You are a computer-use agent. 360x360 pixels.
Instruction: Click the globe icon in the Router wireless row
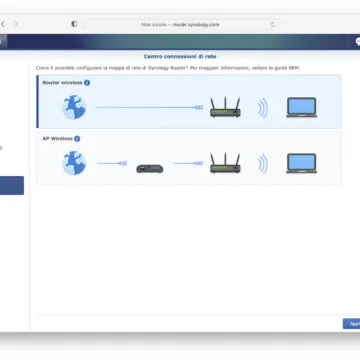75,107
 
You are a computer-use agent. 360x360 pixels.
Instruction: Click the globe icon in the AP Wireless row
75,162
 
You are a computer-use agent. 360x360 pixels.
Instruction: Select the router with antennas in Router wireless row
225,106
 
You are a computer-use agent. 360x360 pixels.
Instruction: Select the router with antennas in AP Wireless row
225,161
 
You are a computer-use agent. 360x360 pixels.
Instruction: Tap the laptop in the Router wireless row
301,107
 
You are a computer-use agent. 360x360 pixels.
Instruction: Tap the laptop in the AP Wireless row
301,162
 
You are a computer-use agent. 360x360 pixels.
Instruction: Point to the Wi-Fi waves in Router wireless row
262,107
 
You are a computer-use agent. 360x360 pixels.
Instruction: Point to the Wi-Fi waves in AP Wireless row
262,162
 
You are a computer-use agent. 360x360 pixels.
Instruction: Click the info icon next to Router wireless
87,83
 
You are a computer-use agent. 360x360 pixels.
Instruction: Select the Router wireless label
59,83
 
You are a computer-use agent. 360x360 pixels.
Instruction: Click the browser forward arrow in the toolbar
15,23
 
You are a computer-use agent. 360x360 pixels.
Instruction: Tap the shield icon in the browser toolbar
73,23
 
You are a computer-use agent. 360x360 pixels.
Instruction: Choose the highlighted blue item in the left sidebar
12,185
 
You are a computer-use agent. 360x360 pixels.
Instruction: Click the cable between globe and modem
111,163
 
